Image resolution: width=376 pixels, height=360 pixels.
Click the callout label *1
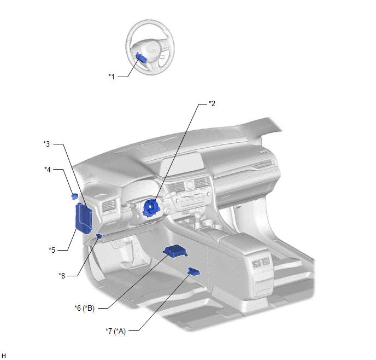111,77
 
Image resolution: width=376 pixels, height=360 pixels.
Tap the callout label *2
212,104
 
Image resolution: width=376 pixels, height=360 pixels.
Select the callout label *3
46,144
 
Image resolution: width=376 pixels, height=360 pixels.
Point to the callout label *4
48,170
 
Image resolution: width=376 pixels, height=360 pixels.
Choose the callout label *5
52,250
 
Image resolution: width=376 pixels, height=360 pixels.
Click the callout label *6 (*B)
84,308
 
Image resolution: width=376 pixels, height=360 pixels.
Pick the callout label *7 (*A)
115,331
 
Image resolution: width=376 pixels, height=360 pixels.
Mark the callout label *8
62,276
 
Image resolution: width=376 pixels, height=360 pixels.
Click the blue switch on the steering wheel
141,57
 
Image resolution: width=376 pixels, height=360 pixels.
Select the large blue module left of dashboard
84,218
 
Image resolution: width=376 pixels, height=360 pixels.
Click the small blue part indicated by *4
74,196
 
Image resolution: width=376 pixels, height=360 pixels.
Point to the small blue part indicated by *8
99,236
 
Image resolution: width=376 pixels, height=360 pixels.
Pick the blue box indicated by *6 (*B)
175,251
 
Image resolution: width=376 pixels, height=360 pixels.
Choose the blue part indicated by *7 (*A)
194,271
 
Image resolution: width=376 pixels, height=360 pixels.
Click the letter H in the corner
4,356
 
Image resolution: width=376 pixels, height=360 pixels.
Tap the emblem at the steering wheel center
152,49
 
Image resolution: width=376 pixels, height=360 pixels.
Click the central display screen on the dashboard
182,165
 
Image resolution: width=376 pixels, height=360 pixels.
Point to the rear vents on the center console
261,262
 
